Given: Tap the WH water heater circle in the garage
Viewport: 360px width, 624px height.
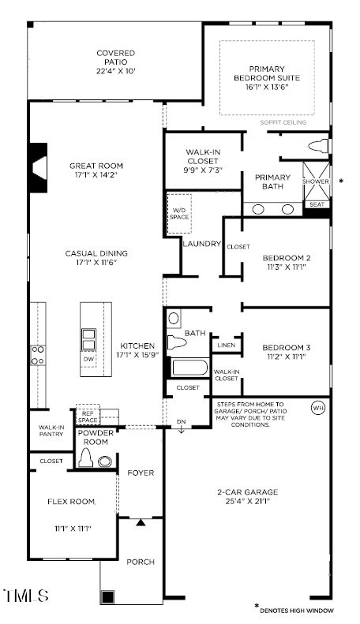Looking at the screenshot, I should tap(318, 408).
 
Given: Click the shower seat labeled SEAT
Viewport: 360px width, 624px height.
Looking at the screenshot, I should tap(317, 204).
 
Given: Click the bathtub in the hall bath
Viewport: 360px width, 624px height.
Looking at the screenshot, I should tap(189, 368).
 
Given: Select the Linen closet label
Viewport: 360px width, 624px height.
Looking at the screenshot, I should tap(226, 345).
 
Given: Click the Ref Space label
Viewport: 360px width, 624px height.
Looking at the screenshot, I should tap(87, 417).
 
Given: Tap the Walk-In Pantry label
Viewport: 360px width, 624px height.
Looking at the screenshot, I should tap(51, 431).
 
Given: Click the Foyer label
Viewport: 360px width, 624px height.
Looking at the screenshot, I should tap(141, 473).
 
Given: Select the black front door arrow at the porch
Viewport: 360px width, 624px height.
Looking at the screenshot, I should tap(141, 521).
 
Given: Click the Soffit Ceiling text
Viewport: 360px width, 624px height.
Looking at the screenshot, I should tap(283, 122).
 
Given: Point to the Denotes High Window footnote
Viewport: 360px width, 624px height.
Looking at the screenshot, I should tap(298, 611).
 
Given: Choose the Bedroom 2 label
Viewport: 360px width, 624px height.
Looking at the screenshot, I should tap(286, 257).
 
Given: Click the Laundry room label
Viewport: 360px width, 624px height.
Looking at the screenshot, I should tap(201, 244).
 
